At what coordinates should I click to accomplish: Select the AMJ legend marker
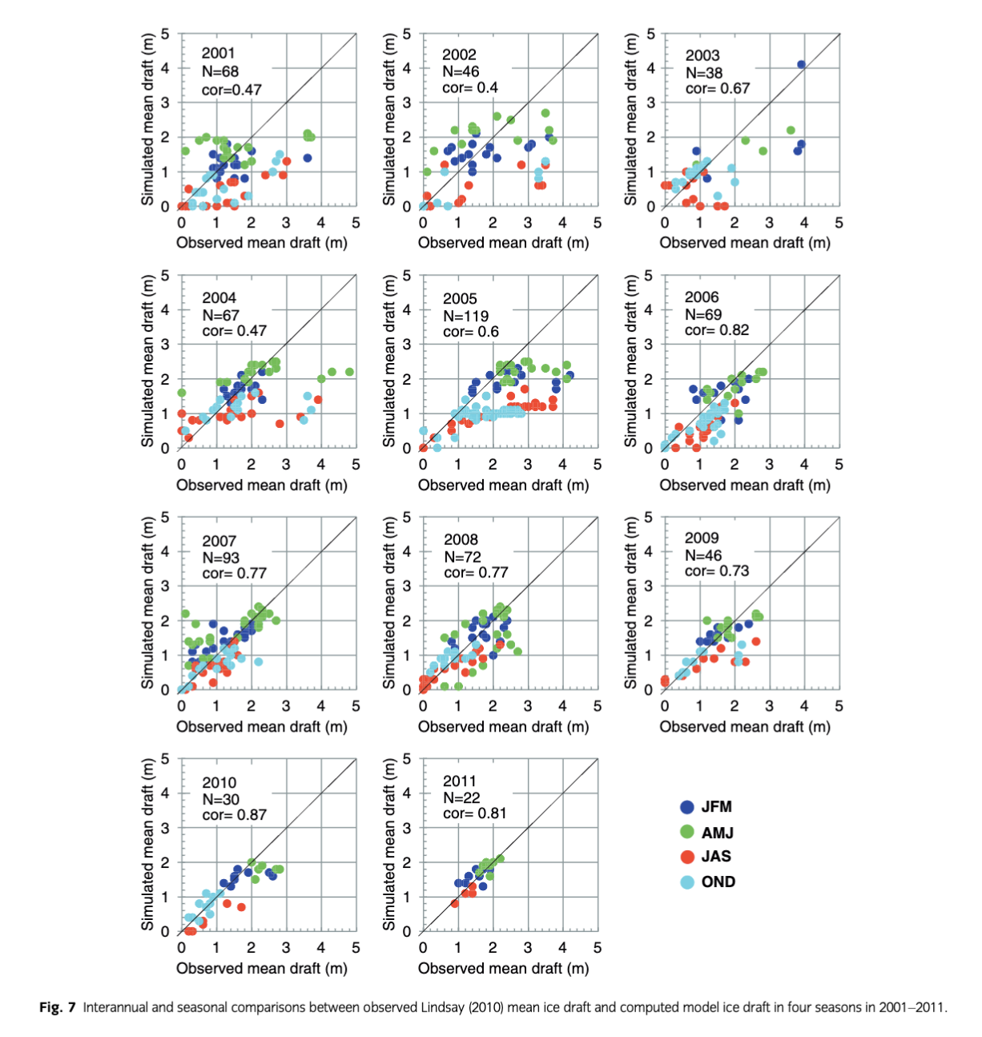(x=687, y=832)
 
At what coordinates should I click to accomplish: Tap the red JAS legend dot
(x=687, y=857)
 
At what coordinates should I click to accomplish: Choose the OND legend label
(x=718, y=882)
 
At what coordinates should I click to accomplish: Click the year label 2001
(x=218, y=54)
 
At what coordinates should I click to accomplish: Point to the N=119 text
(x=465, y=316)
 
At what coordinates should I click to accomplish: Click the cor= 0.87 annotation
(x=234, y=815)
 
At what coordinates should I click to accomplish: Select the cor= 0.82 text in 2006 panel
(x=717, y=330)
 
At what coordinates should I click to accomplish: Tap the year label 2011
(x=460, y=781)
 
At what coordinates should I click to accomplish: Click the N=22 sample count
(x=461, y=797)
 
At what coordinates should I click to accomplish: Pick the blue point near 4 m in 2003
(x=801, y=65)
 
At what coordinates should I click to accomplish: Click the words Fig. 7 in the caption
(x=58, y=1007)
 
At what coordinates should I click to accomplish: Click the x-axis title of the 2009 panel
(x=745, y=727)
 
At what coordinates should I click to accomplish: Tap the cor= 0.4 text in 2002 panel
(x=470, y=88)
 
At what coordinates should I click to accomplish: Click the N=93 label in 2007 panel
(x=220, y=558)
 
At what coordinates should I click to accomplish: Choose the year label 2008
(x=461, y=539)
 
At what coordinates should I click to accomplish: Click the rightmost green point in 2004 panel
(x=349, y=372)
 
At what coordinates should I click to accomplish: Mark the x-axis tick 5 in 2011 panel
(x=598, y=947)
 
